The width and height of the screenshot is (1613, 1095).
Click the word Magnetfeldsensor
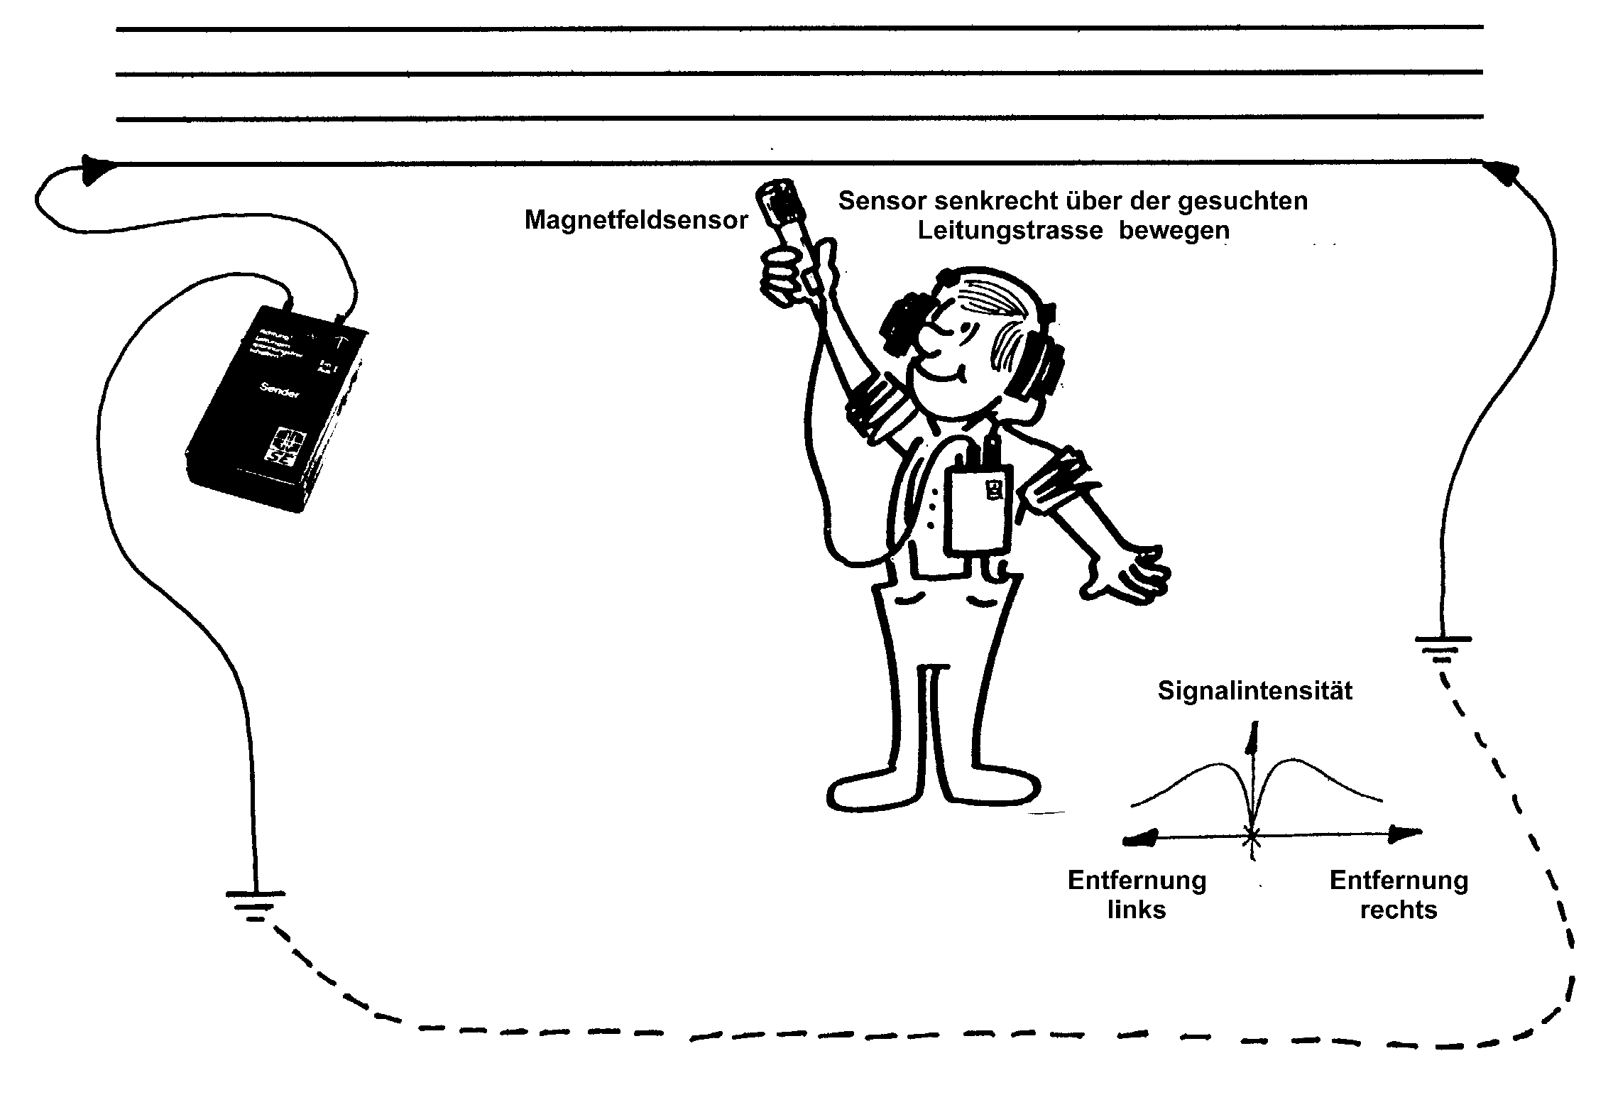click(636, 221)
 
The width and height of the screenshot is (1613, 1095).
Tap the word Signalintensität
click(1254, 691)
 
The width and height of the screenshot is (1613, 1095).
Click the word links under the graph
click(1137, 910)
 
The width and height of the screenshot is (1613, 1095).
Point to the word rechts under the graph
click(1398, 910)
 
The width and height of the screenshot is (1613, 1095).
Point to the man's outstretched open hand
click(1129, 572)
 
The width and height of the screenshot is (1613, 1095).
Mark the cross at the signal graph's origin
click(1252, 838)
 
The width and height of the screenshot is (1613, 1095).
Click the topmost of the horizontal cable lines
click(799, 28)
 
